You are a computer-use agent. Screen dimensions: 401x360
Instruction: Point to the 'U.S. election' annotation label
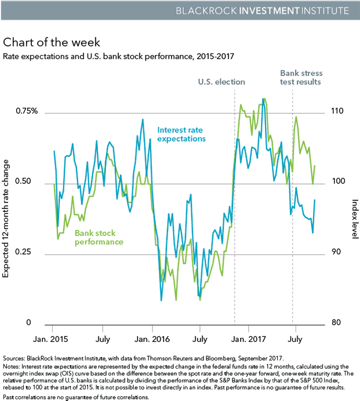pos(221,82)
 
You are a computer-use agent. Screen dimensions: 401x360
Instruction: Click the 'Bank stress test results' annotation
pos(301,78)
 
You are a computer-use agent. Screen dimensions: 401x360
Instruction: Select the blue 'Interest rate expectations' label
pos(181,135)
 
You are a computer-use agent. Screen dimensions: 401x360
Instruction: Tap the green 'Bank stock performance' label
pos(99,237)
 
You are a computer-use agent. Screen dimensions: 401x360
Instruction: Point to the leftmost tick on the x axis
pos(52,329)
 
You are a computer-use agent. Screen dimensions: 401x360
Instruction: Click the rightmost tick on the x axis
pos(296,329)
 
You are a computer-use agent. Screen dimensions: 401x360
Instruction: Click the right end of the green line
pos(315,165)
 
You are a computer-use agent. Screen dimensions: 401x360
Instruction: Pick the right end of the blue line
pos(315,200)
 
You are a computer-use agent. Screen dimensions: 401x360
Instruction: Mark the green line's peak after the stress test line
pos(296,117)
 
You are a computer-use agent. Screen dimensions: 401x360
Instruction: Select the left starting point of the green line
pos(54,185)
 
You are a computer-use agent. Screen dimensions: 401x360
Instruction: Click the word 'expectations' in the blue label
pos(181,139)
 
